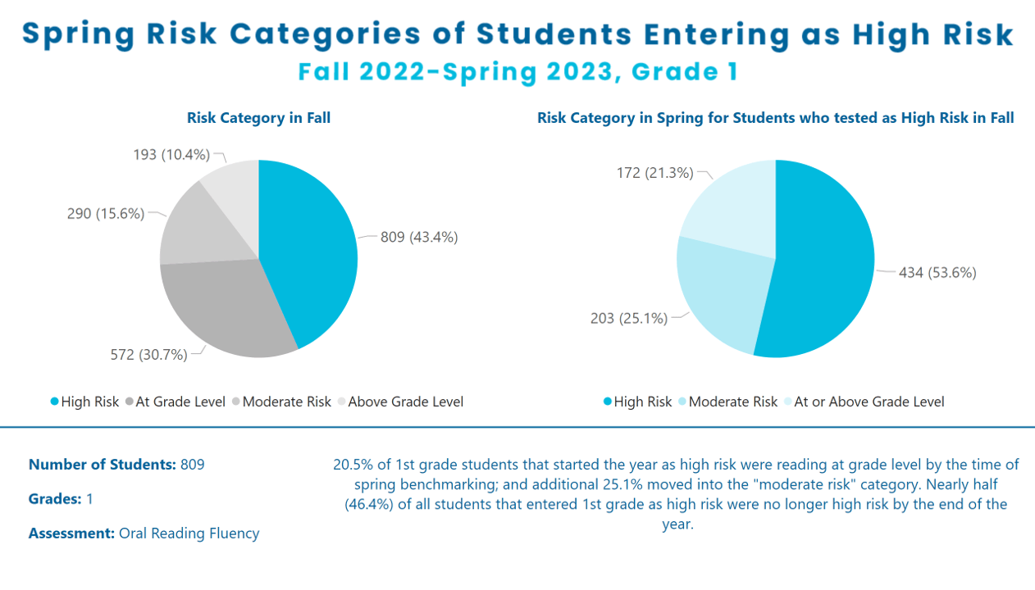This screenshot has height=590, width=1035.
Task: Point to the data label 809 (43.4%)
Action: click(x=419, y=238)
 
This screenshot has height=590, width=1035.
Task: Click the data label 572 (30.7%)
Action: click(x=148, y=355)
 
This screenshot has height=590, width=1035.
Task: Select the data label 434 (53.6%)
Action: click(x=937, y=273)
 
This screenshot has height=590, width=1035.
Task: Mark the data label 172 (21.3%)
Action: click(x=655, y=173)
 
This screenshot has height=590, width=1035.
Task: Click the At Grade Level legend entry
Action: click(x=176, y=402)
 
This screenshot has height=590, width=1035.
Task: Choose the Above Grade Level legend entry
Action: click(x=400, y=402)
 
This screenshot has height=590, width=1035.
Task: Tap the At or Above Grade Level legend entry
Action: click(x=864, y=402)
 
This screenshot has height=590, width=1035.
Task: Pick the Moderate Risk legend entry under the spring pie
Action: click(x=728, y=402)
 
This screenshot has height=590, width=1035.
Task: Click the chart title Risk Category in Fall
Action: click(x=259, y=118)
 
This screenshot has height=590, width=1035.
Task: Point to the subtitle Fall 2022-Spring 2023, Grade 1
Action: click(x=517, y=72)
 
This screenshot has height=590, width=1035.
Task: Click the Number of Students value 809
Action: click(x=192, y=465)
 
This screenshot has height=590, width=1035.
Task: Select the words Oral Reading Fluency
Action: click(x=189, y=533)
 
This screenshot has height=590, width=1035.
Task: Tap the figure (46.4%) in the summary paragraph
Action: click(x=369, y=504)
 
